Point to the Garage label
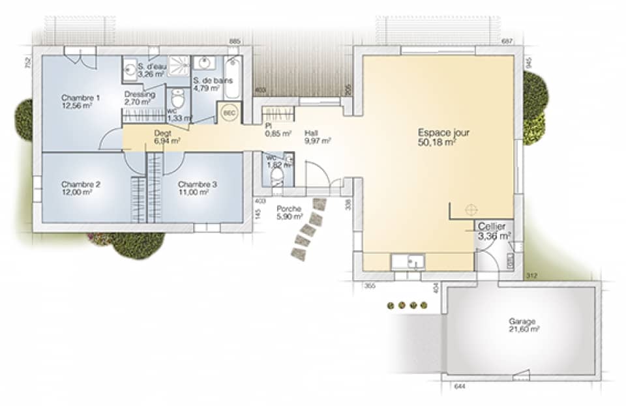(x=522, y=321)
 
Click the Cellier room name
(x=491, y=225)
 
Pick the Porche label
(x=288, y=209)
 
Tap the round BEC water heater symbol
(x=229, y=112)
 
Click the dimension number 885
(x=235, y=42)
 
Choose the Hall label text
(x=311, y=131)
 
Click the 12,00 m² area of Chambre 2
(x=80, y=192)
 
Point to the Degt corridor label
(x=162, y=132)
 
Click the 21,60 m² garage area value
(x=524, y=330)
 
